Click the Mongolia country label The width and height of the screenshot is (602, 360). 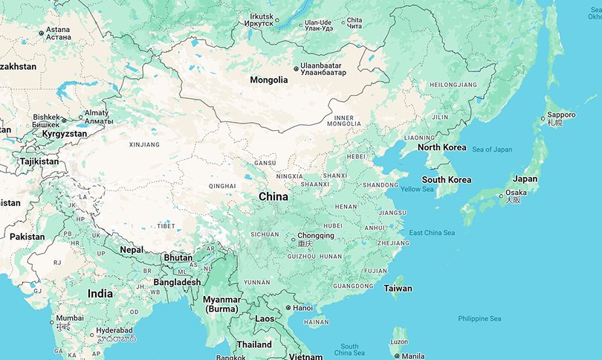[x=268, y=80]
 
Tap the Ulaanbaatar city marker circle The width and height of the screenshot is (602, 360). [x=296, y=68]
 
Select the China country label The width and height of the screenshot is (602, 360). [x=273, y=196]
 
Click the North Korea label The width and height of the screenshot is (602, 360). [x=441, y=147]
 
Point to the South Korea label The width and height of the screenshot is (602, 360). [x=446, y=180]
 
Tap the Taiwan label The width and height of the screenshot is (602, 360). [x=398, y=288]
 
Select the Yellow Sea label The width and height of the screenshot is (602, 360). [x=417, y=190]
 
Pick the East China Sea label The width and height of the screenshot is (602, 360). [x=432, y=233]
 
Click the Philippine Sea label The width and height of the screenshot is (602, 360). [x=479, y=318]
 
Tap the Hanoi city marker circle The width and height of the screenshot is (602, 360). [x=288, y=308]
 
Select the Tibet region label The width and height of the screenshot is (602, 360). [x=166, y=225]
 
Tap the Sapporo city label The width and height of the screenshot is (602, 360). [x=561, y=115]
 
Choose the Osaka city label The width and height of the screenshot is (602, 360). [x=517, y=193]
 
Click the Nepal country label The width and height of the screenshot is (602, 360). [x=132, y=250]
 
